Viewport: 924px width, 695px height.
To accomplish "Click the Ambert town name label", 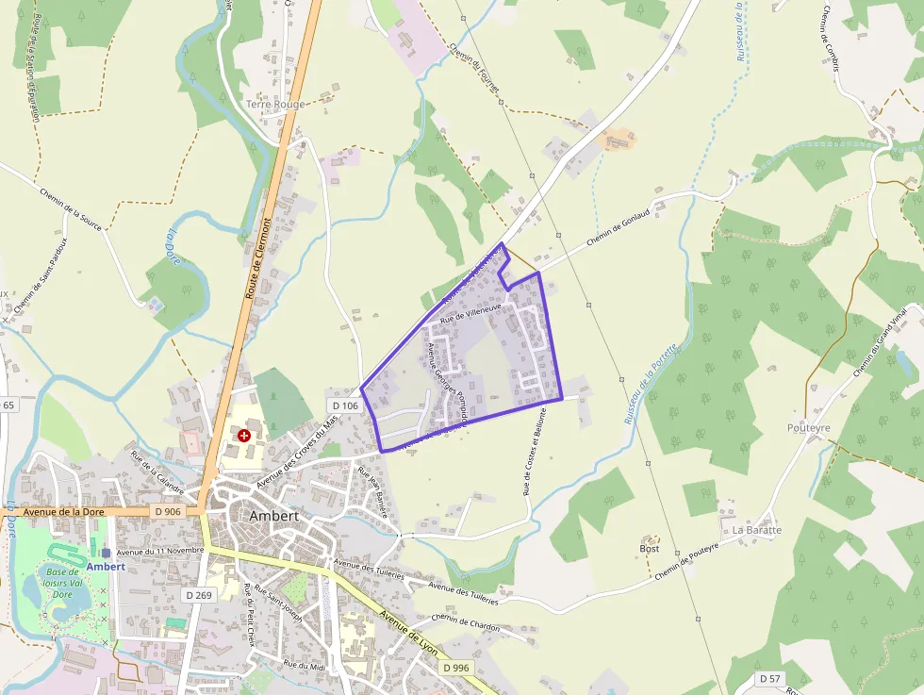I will (x=274, y=516).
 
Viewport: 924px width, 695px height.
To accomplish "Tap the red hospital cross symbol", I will (x=245, y=435).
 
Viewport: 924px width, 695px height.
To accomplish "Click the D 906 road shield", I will (x=166, y=511).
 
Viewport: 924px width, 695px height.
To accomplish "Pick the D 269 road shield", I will (x=199, y=595).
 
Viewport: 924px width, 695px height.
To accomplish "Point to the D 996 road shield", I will (x=454, y=668).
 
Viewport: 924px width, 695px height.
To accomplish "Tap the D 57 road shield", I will (x=768, y=679).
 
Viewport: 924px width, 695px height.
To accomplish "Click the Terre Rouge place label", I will (x=275, y=104).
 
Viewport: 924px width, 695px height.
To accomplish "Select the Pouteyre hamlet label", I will (x=808, y=427).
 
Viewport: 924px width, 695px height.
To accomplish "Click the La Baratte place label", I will (x=757, y=530).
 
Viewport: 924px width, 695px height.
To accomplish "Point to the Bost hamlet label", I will (x=649, y=548).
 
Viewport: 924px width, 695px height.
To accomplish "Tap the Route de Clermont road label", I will (x=258, y=257).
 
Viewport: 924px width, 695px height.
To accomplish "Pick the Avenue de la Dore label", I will (x=62, y=512).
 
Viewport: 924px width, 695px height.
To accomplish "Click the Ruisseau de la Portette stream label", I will (x=651, y=382).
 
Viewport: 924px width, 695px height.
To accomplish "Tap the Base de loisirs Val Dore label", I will (x=62, y=583).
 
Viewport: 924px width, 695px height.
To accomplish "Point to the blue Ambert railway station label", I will (x=106, y=566).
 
